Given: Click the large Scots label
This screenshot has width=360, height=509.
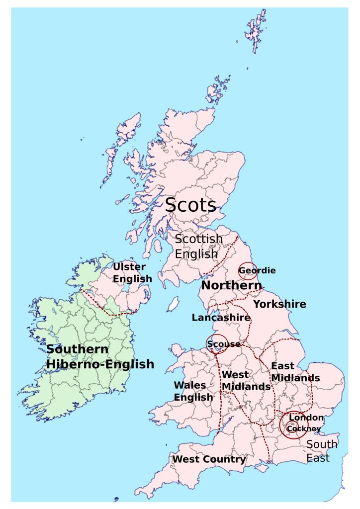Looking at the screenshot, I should [190, 205].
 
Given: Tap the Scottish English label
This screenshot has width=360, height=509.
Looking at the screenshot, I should [198, 246].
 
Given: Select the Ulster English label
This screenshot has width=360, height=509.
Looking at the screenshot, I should [132, 273].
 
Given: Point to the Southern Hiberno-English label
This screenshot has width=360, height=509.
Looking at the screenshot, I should [100, 356].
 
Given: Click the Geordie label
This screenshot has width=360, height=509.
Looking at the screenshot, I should [257, 271].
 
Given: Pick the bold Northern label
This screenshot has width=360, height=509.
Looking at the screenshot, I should [231, 286].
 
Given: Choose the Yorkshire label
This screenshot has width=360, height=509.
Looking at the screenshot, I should [279, 304].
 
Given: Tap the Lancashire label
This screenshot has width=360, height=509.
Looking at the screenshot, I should [221, 317].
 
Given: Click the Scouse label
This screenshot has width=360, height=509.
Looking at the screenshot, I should [223, 344].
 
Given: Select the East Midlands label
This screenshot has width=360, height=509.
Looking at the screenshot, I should [295, 372].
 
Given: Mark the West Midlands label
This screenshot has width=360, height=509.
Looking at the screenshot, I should [246, 380].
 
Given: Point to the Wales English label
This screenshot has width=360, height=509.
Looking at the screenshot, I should [193, 391].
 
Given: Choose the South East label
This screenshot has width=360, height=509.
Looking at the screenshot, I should [321, 451].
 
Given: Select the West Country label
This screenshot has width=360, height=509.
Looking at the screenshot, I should [209, 460].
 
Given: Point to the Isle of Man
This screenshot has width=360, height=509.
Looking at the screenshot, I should [173, 303].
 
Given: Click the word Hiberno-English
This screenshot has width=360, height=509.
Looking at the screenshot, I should [100, 364].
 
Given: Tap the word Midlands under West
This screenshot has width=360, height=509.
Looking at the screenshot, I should [246, 387].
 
